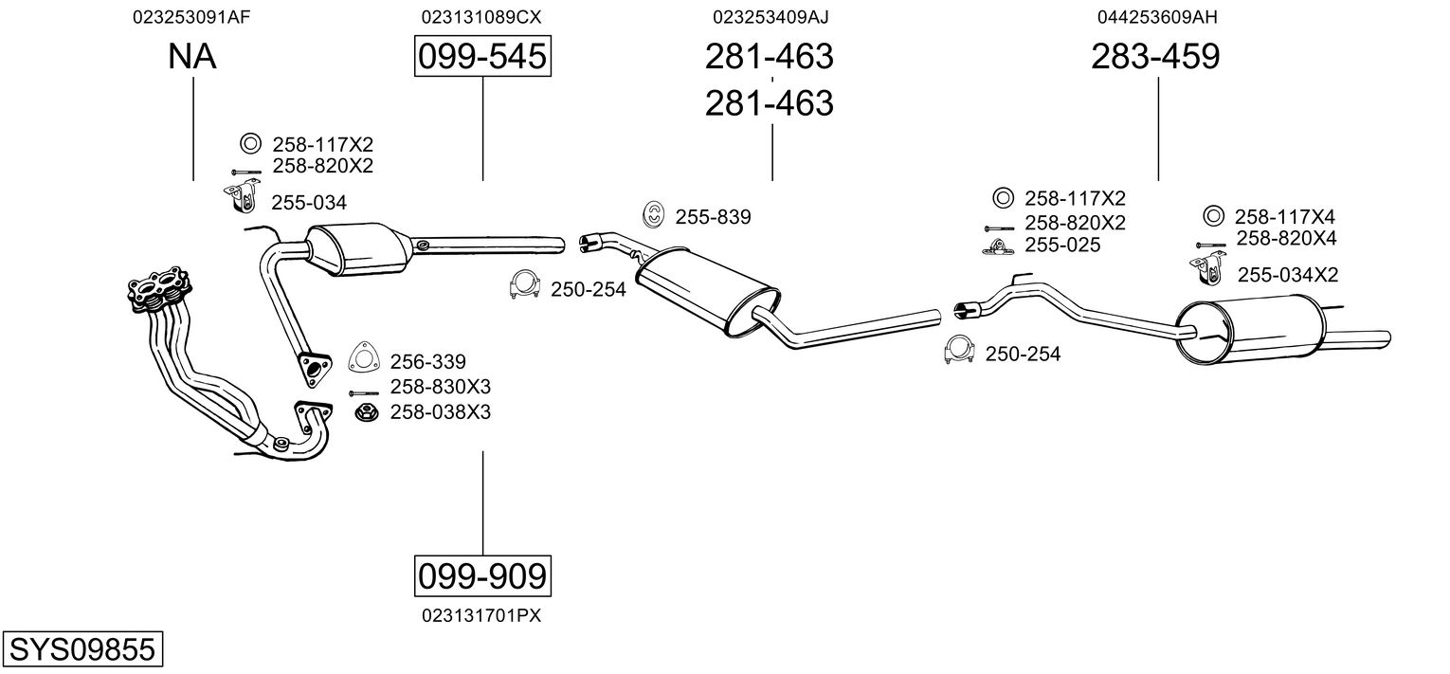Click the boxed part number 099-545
tap(482, 57)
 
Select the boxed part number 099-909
tap(482, 575)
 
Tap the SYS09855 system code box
tap(81, 650)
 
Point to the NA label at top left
tap(192, 57)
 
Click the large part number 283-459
tap(1155, 57)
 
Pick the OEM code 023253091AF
tap(192, 17)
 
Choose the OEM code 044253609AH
tap(1157, 17)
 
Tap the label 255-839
tap(713, 217)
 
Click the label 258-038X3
tap(441, 412)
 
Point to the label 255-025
tap(1062, 246)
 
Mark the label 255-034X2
tap(1287, 275)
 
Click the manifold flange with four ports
tap(157, 288)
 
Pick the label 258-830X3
tap(441, 387)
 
